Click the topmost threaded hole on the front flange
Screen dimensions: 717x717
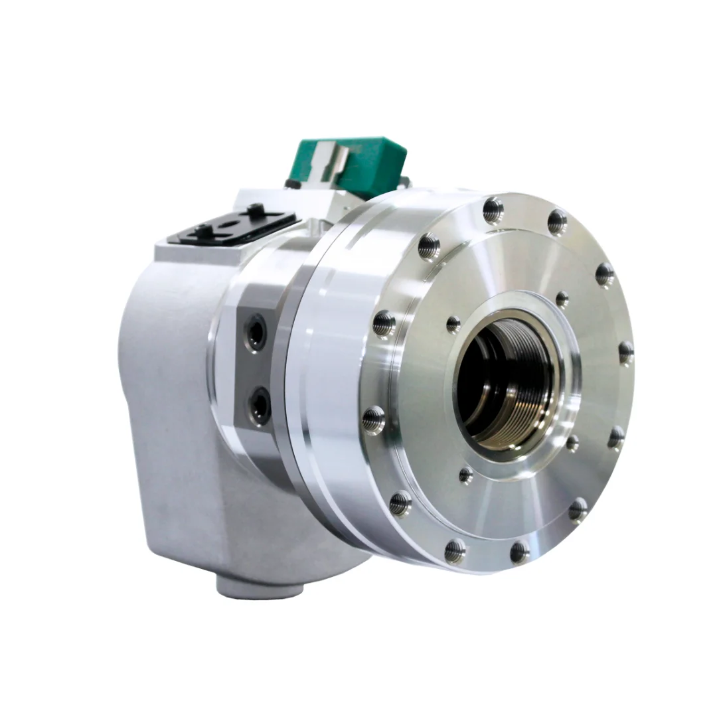493,209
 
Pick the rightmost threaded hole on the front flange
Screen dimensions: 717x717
625,352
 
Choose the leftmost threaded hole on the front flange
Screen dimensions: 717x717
374,419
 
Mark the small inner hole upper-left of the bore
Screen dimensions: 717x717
453,324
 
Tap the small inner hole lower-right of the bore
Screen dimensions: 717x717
571,443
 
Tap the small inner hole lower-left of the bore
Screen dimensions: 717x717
466,474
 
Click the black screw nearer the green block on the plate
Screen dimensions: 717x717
254,212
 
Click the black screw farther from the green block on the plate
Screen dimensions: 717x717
199,232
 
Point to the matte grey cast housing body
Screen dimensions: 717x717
173,398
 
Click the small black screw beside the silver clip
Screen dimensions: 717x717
290,183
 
